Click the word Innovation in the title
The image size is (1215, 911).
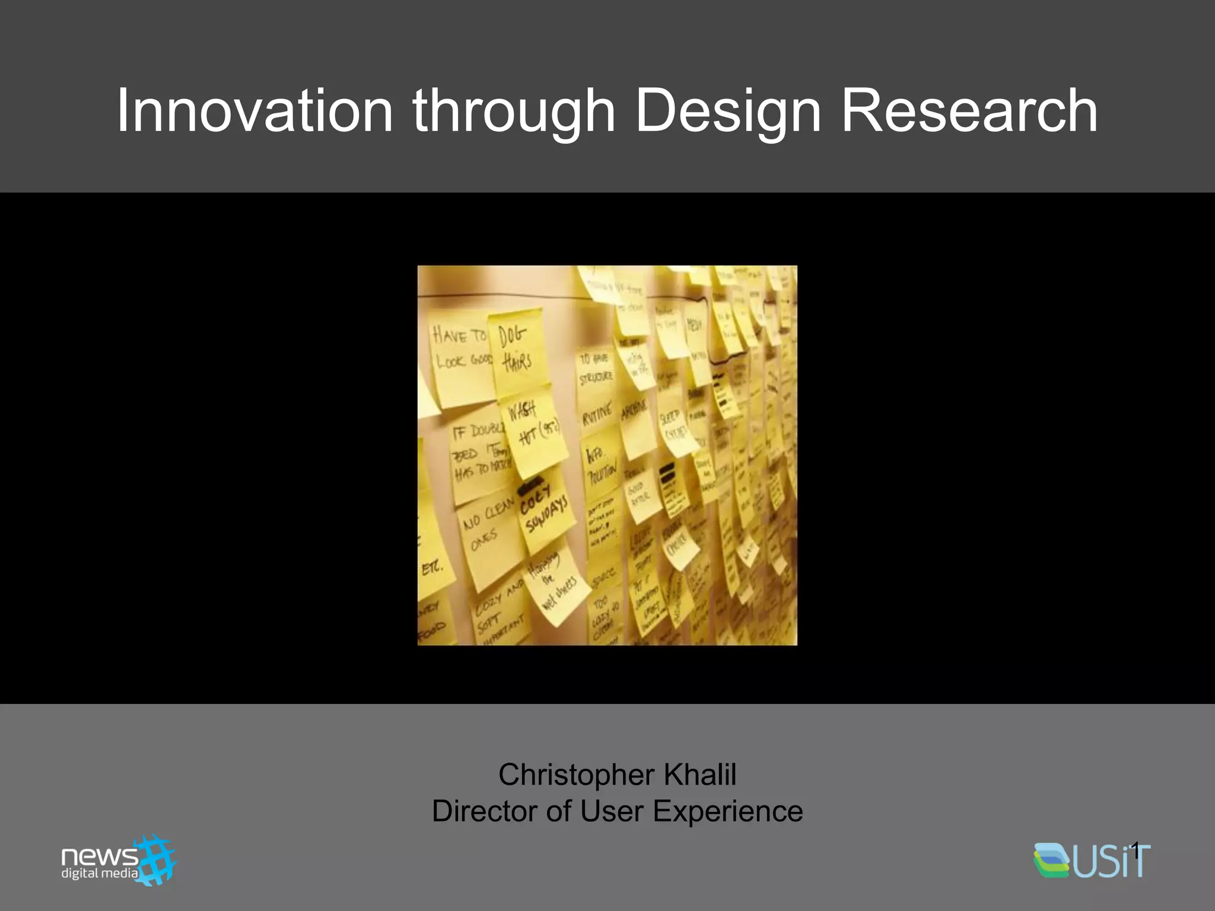point(255,111)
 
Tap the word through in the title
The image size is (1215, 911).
point(514,111)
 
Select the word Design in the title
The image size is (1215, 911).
point(728,111)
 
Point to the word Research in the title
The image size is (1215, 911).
point(969,111)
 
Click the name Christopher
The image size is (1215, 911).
point(576,775)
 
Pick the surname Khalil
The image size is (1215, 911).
point(700,775)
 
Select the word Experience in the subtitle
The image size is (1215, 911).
point(727,811)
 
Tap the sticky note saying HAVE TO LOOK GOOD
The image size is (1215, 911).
point(462,356)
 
